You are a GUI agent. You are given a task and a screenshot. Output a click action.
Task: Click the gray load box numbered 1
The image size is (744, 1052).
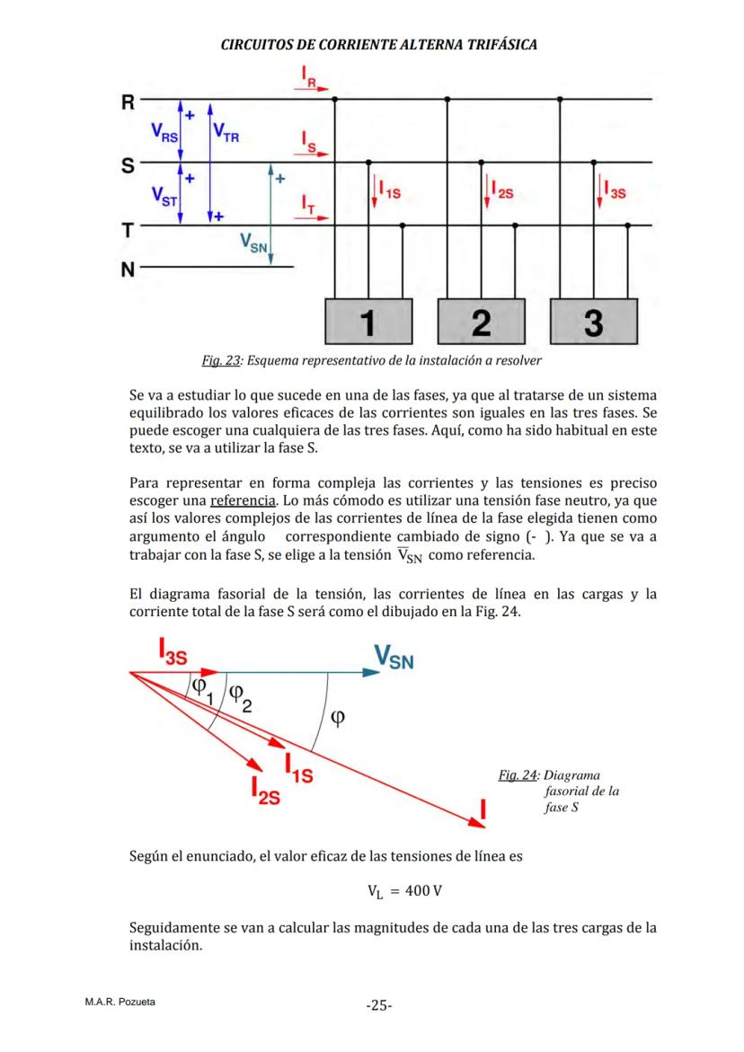coord(368,321)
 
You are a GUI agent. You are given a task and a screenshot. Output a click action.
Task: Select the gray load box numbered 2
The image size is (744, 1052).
coord(481,321)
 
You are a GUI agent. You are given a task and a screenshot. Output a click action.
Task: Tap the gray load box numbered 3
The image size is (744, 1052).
coord(593,321)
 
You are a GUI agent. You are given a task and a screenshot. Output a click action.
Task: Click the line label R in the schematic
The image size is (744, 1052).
coord(128,102)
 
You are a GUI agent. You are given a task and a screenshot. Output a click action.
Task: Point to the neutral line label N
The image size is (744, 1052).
coord(128,269)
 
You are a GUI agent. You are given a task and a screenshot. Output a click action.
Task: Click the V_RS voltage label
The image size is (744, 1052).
coord(164,133)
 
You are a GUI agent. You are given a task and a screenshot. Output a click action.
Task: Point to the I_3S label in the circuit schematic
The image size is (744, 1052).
coord(616,190)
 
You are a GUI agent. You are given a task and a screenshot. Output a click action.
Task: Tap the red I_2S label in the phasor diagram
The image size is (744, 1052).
coord(268,791)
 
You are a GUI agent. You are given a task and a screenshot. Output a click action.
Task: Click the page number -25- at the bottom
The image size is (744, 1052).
coord(378,1005)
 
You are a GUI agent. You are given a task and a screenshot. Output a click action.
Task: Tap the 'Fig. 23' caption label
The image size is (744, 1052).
coord(221,361)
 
